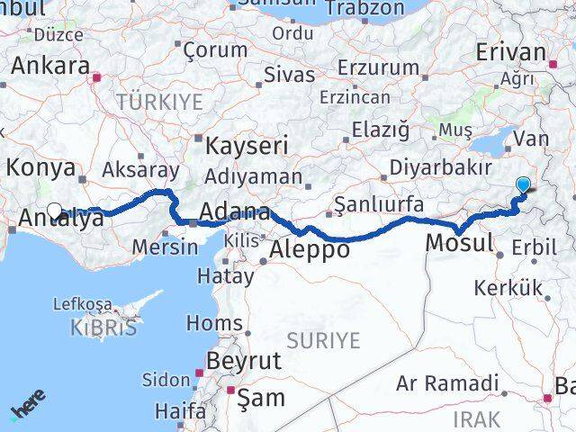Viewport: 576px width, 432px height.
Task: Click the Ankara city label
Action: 49,66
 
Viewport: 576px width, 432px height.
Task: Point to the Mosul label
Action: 459,242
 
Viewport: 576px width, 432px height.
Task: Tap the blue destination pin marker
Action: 524,184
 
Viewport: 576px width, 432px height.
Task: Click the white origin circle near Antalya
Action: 54,211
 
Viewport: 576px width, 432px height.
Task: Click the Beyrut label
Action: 244,360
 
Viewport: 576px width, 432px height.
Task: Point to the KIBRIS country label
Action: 103,328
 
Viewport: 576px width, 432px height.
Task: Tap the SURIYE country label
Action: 322,340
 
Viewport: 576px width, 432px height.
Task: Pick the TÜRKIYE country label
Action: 159,102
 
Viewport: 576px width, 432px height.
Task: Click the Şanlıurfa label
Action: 378,205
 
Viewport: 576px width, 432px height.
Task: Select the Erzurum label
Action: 378,67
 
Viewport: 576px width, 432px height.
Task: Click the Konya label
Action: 40,166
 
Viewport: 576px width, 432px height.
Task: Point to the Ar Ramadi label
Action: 447,384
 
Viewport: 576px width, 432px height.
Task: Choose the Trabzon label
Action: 364,7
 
